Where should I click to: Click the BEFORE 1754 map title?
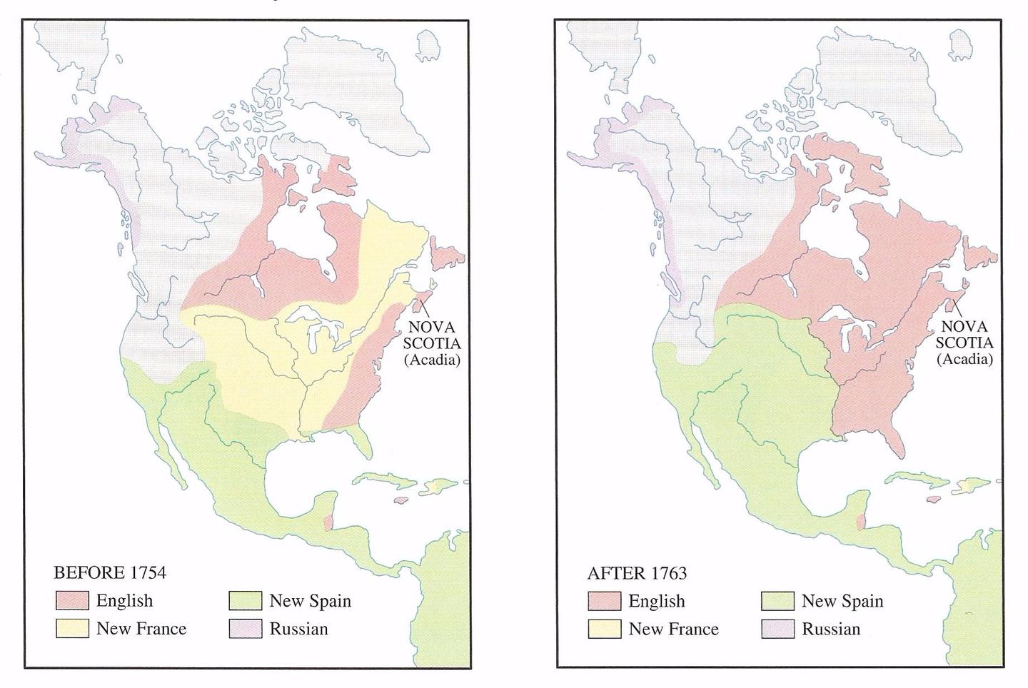pyautogui.click(x=110, y=572)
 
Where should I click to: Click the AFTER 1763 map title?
pyautogui.click(x=637, y=573)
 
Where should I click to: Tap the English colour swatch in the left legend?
pyautogui.click(x=72, y=601)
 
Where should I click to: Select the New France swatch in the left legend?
pyautogui.click(x=72, y=629)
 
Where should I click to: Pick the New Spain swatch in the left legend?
pyautogui.click(x=246, y=601)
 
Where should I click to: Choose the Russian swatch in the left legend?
pyautogui.click(x=246, y=629)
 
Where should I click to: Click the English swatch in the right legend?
pyautogui.click(x=605, y=601)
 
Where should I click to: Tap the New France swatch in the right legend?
pyautogui.click(x=605, y=629)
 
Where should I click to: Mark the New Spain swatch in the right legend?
pyautogui.click(x=778, y=601)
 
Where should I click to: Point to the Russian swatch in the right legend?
pyautogui.click(x=778, y=629)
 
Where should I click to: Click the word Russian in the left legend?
pyautogui.click(x=298, y=629)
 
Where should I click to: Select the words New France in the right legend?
pyautogui.click(x=673, y=629)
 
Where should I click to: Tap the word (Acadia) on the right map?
pyautogui.click(x=965, y=359)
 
